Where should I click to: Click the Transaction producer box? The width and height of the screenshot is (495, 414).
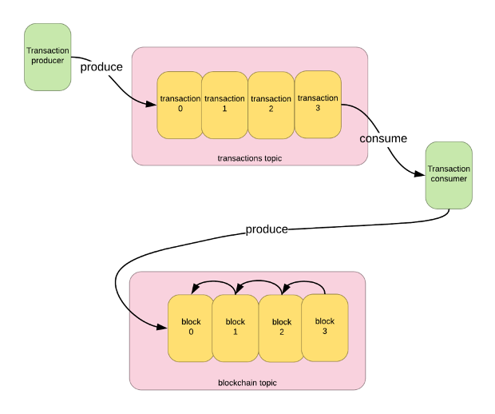pos(48,56)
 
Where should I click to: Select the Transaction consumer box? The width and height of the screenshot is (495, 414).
pos(449,175)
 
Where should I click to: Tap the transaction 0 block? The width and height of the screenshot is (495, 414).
pos(180,105)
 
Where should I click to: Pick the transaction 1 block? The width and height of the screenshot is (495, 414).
pos(224,105)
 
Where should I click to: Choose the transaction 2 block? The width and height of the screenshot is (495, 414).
pos(271,105)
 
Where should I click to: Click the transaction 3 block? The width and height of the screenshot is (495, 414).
pos(318,104)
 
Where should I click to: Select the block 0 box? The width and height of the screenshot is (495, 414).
pos(191,328)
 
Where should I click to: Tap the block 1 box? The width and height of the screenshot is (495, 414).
pos(236,328)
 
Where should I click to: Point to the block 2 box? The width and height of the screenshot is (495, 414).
pos(281,328)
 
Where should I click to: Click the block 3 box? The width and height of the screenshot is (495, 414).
pos(325,327)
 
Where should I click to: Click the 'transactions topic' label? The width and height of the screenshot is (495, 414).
pos(250,158)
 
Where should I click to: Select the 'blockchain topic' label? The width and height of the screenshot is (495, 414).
pos(247,383)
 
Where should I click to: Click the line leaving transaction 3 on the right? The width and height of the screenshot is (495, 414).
pos(356,110)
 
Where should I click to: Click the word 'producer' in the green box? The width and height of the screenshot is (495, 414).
pos(47,60)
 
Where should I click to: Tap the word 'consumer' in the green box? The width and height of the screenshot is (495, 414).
pos(449,179)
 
